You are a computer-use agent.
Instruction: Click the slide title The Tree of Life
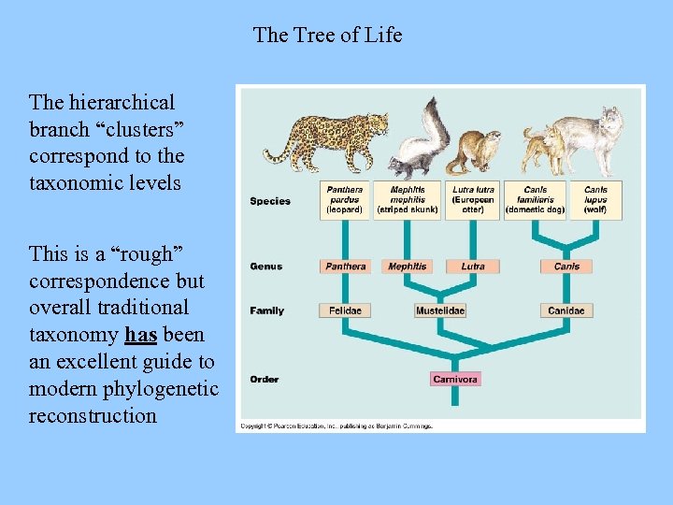tap(327, 36)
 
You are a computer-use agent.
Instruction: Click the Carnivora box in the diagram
tap(455, 379)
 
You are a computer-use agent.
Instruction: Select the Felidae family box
tap(345, 310)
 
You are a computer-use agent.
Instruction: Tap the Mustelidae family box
tap(440, 310)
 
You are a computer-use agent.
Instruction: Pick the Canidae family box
tap(566, 310)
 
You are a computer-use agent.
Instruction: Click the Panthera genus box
tap(345, 267)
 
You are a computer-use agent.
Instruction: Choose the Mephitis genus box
tap(408, 267)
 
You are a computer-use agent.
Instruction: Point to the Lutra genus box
tap(472, 267)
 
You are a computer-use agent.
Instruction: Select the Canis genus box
tap(566, 267)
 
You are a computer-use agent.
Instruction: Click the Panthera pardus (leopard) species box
tap(345, 200)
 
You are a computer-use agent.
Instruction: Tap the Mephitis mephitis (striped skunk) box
tap(408, 200)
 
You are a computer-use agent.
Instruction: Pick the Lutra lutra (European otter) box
tap(472, 200)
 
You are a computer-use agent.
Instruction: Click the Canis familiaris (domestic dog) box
tap(535, 200)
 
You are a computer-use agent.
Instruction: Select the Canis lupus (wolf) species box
tap(595, 200)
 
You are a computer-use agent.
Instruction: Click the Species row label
tap(270, 201)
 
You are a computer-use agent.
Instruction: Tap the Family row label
tap(266, 310)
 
